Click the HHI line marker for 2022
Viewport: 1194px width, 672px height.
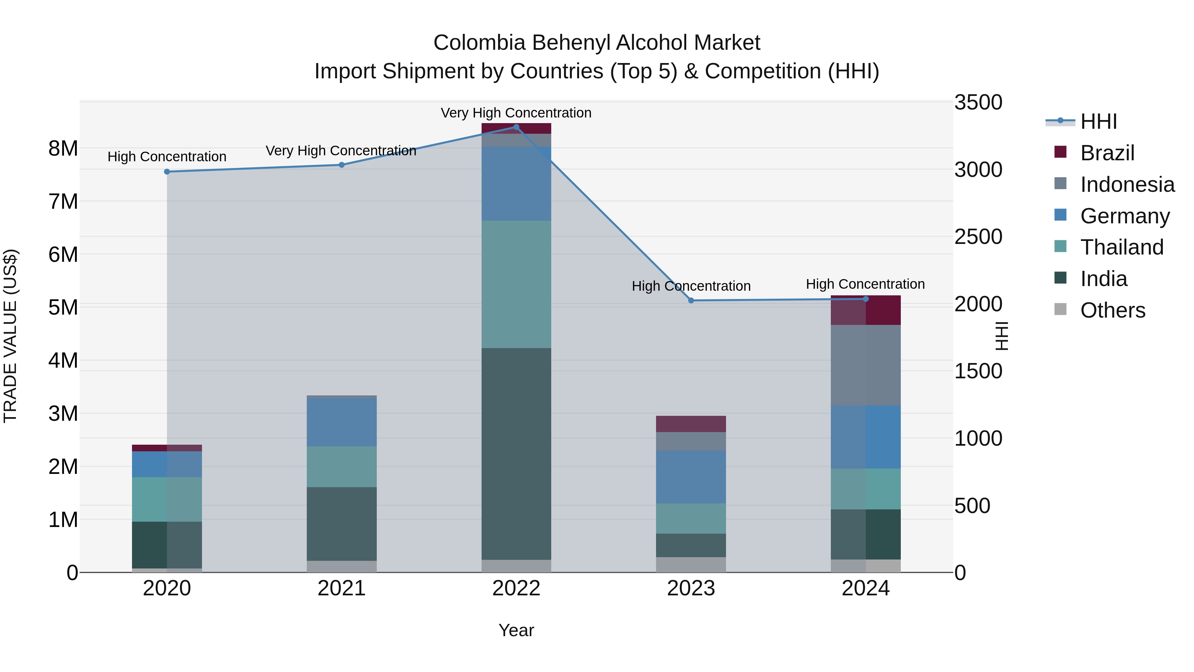[x=516, y=127]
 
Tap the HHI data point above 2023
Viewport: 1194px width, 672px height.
[x=691, y=301]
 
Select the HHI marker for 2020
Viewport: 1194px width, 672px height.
[x=167, y=172]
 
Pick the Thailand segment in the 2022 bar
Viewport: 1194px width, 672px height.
[x=516, y=284]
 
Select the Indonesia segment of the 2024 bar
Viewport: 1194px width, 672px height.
[x=865, y=365]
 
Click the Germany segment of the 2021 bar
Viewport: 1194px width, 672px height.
[x=342, y=422]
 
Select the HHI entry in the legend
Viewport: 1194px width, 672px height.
[x=1098, y=121]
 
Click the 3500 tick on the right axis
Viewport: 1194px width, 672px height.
[x=978, y=103]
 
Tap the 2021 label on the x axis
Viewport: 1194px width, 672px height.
[x=342, y=588]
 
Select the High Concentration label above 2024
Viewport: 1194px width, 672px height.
[x=865, y=284]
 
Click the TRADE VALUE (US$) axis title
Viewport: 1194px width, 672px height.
[x=10, y=336]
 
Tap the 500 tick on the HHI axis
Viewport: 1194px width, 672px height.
[x=972, y=505]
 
